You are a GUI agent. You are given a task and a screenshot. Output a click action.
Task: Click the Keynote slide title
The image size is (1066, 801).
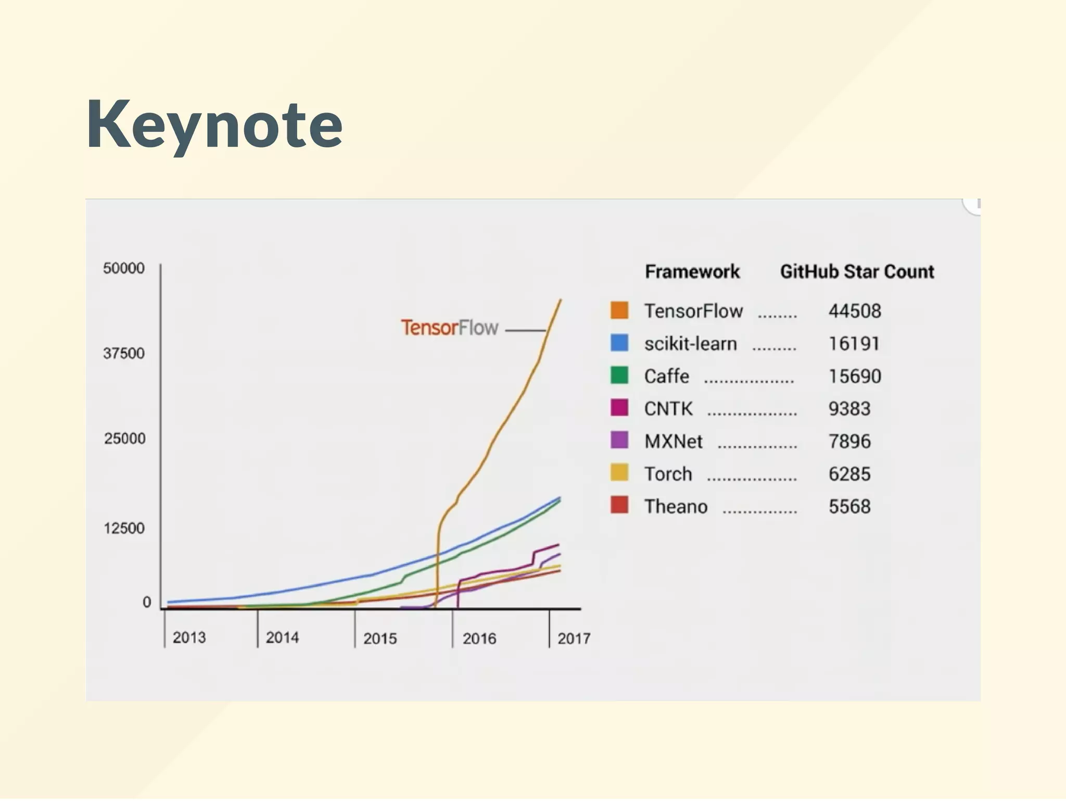[214, 126]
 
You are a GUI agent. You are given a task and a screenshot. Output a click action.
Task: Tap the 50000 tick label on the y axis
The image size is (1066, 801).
[124, 268]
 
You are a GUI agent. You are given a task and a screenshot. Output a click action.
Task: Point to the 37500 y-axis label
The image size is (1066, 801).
[124, 354]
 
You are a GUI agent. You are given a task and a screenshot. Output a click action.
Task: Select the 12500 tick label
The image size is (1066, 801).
[124, 528]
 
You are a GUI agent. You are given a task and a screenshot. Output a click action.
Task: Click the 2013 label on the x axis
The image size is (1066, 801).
[189, 637]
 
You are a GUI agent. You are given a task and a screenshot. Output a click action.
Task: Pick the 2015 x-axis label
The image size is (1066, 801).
[380, 639]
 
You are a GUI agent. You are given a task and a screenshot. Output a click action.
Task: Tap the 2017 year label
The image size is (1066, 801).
[574, 639]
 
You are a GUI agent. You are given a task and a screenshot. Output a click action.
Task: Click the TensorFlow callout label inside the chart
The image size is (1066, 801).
[449, 328]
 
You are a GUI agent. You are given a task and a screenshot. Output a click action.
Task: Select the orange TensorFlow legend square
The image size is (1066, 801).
[619, 310]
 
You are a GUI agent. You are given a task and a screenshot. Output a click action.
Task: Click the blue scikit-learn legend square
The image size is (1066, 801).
[619, 343]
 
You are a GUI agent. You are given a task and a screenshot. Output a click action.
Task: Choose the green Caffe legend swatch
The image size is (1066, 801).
[619, 376]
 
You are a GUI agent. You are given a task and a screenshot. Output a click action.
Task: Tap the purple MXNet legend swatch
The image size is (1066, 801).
[619, 441]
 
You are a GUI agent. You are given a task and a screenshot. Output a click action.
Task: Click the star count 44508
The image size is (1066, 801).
[855, 311]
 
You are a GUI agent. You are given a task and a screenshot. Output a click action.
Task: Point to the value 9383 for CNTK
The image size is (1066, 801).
[849, 409]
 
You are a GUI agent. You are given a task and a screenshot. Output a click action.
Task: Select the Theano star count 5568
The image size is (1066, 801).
[849, 507]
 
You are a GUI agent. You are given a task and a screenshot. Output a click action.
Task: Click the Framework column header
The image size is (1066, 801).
[692, 272]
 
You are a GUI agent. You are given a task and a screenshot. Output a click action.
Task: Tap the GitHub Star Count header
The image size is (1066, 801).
[857, 272]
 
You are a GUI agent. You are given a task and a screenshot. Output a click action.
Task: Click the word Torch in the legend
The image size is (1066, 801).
[668, 474]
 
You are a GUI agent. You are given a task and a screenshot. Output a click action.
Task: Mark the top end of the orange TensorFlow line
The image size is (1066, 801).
[560, 301]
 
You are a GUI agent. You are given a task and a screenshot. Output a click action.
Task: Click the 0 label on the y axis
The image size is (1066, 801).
[147, 603]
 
